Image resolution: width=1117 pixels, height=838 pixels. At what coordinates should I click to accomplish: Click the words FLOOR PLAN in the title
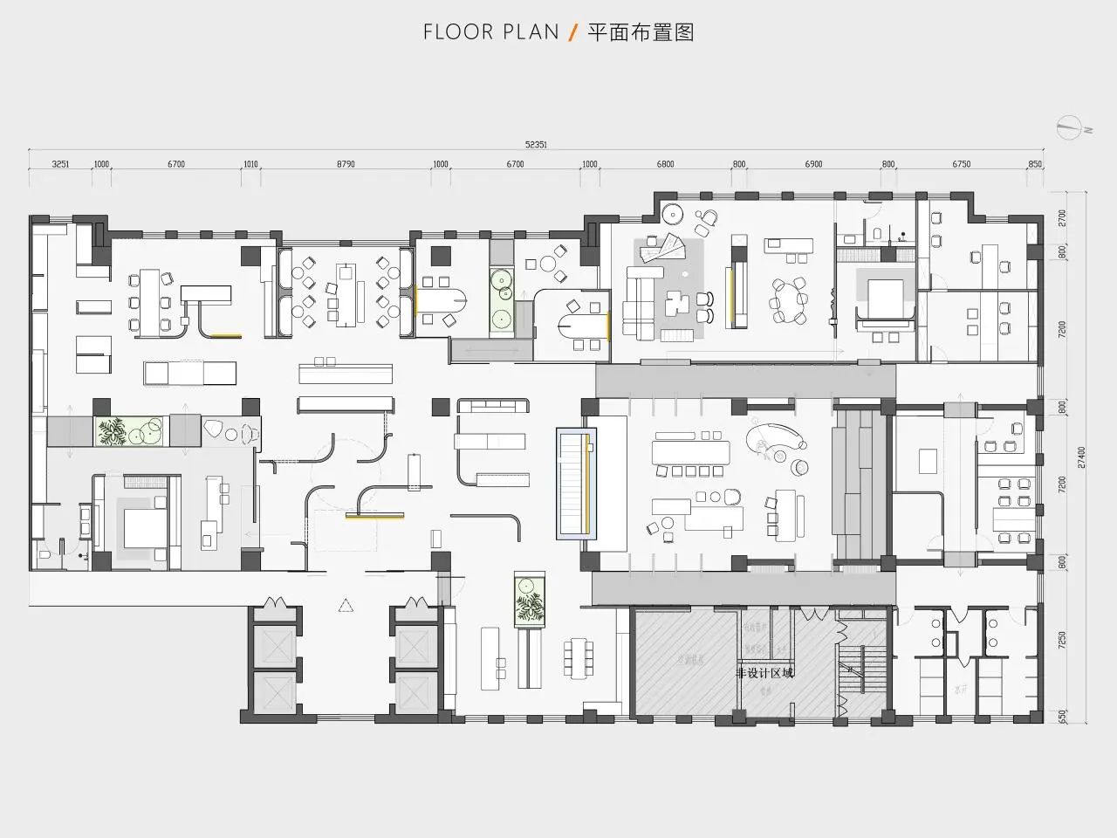(490, 33)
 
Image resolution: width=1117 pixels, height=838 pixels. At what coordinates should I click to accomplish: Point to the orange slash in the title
(572, 33)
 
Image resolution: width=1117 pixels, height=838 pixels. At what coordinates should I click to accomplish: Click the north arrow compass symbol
(1070, 127)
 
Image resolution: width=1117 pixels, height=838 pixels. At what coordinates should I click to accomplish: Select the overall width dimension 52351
(536, 146)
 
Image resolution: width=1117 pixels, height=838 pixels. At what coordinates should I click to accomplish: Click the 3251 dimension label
(60, 164)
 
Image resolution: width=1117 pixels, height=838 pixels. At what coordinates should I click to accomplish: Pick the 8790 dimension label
(346, 164)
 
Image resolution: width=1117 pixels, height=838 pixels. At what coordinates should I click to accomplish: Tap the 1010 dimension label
(251, 164)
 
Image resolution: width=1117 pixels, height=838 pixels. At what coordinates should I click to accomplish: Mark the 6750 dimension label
(961, 164)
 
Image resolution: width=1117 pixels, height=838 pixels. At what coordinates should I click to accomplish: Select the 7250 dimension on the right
(1062, 640)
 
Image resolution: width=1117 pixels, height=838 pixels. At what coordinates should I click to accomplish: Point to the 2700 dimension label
(1062, 216)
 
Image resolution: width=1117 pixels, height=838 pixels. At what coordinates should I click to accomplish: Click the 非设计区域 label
(764, 673)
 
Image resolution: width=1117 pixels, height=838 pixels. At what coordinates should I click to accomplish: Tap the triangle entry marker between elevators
(346, 604)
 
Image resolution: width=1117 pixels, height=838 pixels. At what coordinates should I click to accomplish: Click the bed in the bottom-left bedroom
(143, 526)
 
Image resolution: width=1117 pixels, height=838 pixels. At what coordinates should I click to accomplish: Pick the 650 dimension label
(1062, 716)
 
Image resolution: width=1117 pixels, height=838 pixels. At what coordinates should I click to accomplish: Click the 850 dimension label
(1035, 164)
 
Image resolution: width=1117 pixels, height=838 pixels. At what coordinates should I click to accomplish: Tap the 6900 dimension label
(813, 164)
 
